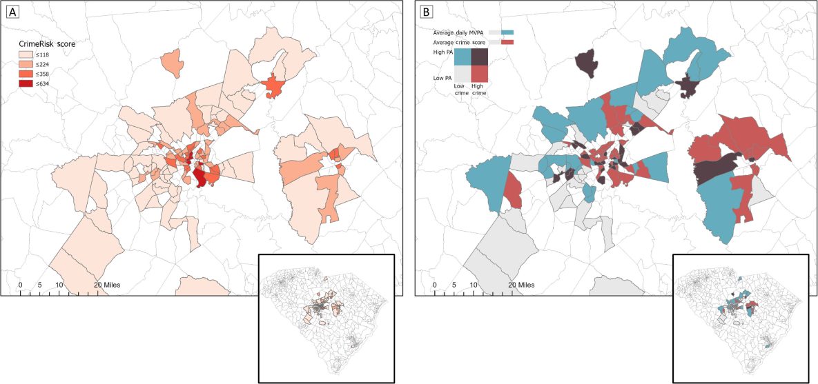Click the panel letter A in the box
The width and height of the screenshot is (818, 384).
pyautogui.click(x=10, y=11)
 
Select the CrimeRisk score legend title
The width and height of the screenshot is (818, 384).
pyautogui.click(x=47, y=43)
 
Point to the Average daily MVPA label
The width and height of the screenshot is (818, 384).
pyautogui.click(x=458, y=33)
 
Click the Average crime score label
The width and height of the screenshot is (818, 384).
pyautogui.click(x=458, y=43)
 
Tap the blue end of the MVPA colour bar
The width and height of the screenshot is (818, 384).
pyautogui.click(x=508, y=32)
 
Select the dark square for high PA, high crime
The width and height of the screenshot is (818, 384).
pyautogui.click(x=480, y=57)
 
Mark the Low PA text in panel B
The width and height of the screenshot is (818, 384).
pyautogui.click(x=442, y=78)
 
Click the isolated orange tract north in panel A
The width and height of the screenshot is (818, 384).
pyautogui.click(x=173, y=63)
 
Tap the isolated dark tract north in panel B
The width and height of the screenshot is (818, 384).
pyautogui.click(x=586, y=61)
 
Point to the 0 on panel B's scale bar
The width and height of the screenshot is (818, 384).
pyautogui.click(x=434, y=285)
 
